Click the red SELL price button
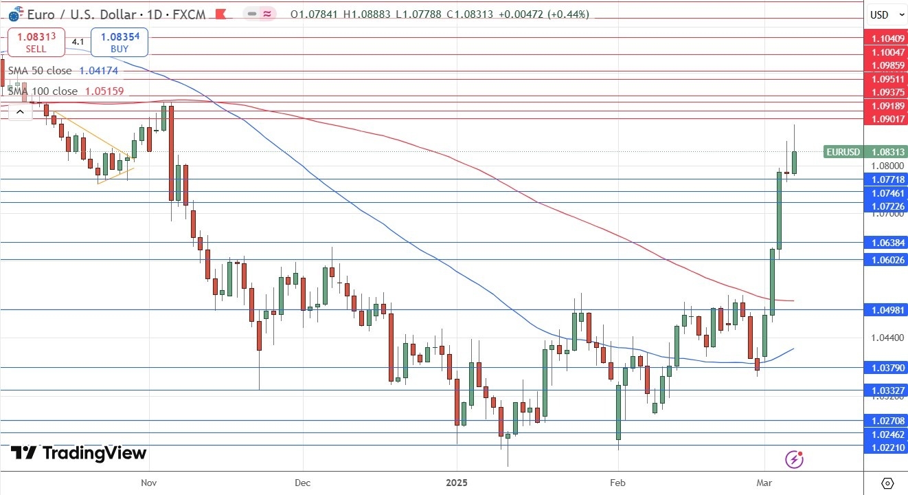(x=36, y=41)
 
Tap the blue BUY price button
(x=119, y=41)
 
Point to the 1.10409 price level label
(x=888, y=39)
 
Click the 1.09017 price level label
(x=888, y=119)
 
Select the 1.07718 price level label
(x=888, y=179)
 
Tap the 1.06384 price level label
(x=888, y=243)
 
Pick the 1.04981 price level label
(x=888, y=309)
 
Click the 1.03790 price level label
(x=888, y=368)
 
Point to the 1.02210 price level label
(x=888, y=446)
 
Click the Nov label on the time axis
(x=149, y=483)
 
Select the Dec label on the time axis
(x=302, y=483)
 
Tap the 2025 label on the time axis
(x=456, y=483)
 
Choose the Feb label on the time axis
(x=617, y=483)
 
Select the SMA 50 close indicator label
(x=40, y=71)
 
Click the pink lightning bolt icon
(x=795, y=459)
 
